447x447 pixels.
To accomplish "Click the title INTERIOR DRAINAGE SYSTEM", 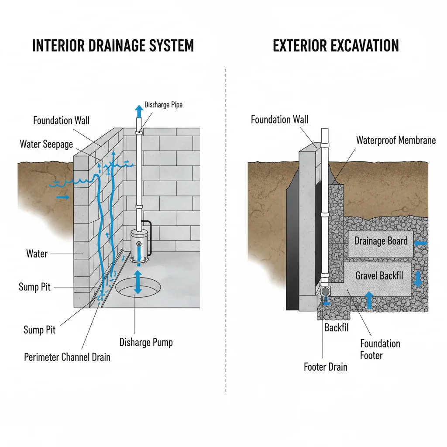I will [113, 46].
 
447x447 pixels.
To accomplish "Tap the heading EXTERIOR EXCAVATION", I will [336, 46].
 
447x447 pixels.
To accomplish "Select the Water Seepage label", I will [46, 144].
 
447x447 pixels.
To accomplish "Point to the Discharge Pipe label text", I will [163, 105].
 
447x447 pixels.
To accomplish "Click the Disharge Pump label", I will [146, 342].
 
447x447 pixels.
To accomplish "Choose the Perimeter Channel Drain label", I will [67, 357].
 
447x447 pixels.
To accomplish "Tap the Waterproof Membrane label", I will [395, 140].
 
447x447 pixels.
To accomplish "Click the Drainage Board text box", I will [381, 241].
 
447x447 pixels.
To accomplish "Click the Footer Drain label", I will [326, 367].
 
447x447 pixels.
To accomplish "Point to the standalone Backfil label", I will [337, 327].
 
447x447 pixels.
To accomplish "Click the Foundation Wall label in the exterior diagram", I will [279, 120].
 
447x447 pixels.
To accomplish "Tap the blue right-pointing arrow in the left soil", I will [63, 198].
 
